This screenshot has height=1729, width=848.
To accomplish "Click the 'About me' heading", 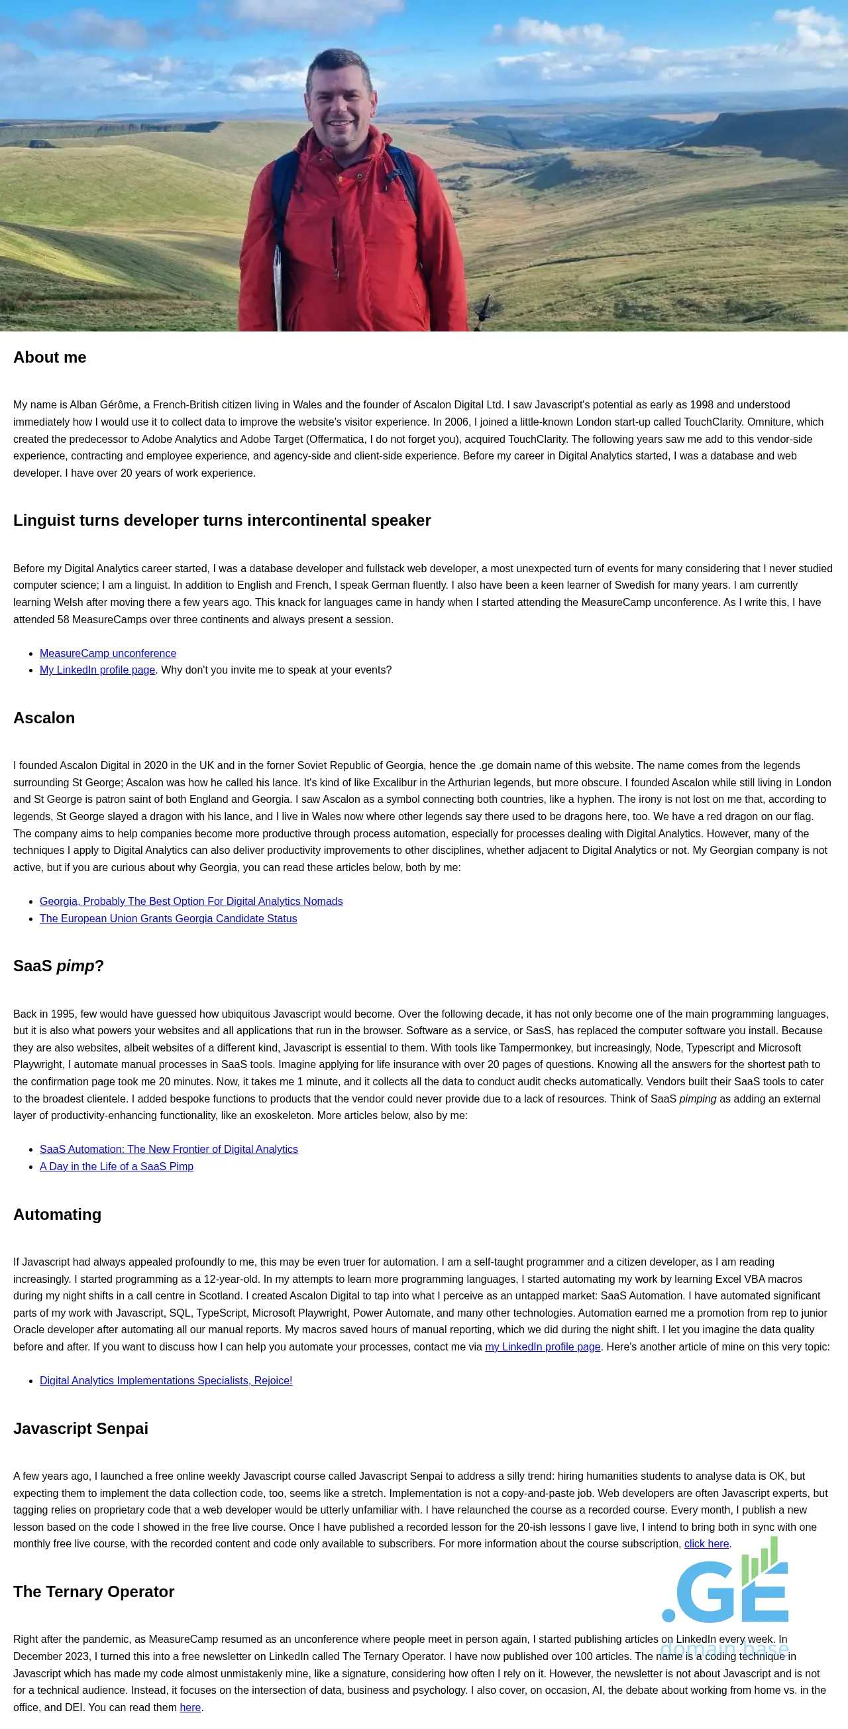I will click(x=50, y=357).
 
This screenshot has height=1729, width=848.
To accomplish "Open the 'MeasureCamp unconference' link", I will click(x=107, y=653).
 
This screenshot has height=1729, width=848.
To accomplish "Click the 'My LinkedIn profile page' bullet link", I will click(x=97, y=670).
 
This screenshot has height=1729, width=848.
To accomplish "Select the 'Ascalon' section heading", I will click(x=44, y=717).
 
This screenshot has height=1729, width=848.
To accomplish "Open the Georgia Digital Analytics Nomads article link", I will click(x=191, y=901).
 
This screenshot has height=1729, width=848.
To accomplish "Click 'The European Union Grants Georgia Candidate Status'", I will click(x=168, y=918).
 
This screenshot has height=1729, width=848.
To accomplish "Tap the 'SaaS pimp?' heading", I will click(x=58, y=966).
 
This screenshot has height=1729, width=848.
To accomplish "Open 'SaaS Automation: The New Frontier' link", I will click(x=168, y=1149).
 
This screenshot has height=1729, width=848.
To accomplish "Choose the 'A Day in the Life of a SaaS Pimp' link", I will click(x=116, y=1167).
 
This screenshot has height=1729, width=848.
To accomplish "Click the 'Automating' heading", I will click(x=57, y=1214).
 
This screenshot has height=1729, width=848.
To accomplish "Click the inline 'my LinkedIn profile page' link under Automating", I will click(x=542, y=1346).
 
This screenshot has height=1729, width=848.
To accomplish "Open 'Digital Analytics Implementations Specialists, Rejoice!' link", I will click(x=166, y=1380).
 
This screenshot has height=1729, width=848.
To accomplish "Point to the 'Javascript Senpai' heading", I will click(x=81, y=1428).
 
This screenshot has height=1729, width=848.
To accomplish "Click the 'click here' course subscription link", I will click(x=706, y=1544).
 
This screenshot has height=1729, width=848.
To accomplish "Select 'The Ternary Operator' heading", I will click(x=94, y=1591).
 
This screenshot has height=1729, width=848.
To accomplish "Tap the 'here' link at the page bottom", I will click(x=190, y=1707).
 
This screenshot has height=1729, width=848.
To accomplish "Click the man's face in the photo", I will click(x=340, y=101).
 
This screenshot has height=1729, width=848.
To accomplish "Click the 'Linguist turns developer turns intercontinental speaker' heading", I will click(x=222, y=520).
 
